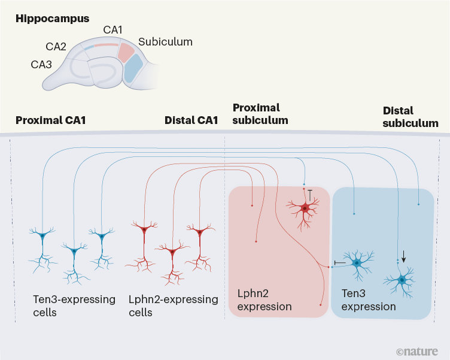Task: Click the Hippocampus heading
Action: (53, 19)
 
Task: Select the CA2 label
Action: (56, 46)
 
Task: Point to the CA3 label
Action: (42, 62)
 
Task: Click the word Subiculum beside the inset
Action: (165, 42)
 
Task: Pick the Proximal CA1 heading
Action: (50, 120)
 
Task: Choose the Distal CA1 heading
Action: (191, 120)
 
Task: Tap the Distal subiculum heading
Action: (410, 117)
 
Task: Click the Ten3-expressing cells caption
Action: (73, 305)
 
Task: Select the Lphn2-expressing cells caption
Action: (173, 305)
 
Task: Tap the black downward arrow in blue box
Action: (404, 256)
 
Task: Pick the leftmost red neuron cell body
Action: (144, 230)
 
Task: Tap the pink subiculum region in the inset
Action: (128, 52)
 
